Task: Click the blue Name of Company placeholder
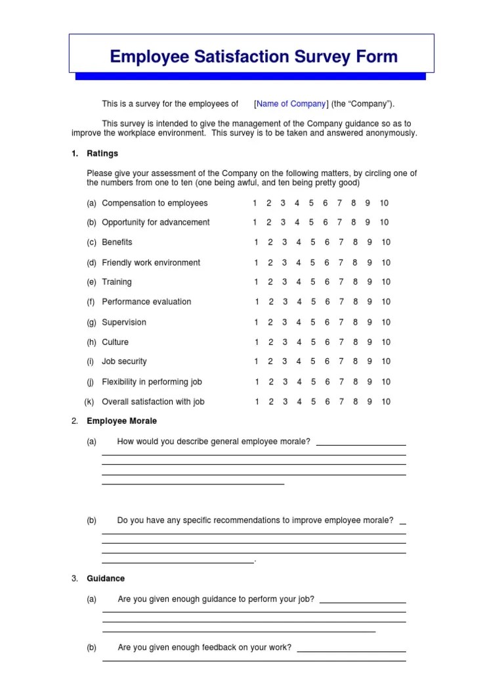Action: tap(291, 104)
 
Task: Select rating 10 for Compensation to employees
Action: tap(384, 203)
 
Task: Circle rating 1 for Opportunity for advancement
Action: tap(255, 222)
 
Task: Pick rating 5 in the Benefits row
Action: tap(312, 243)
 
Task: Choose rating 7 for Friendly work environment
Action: tap(341, 263)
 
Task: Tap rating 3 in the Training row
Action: tap(284, 282)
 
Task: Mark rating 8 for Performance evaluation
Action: tap(355, 302)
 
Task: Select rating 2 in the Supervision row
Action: tap(270, 322)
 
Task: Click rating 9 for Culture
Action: tap(369, 342)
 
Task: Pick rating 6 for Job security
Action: tap(327, 361)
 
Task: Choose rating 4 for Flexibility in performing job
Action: tap(299, 382)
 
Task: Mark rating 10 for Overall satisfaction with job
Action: tap(385, 402)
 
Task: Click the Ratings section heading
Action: tap(102, 154)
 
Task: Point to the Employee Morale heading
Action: tap(121, 421)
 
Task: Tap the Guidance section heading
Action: tap(106, 578)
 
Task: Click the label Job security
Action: tap(124, 361)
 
